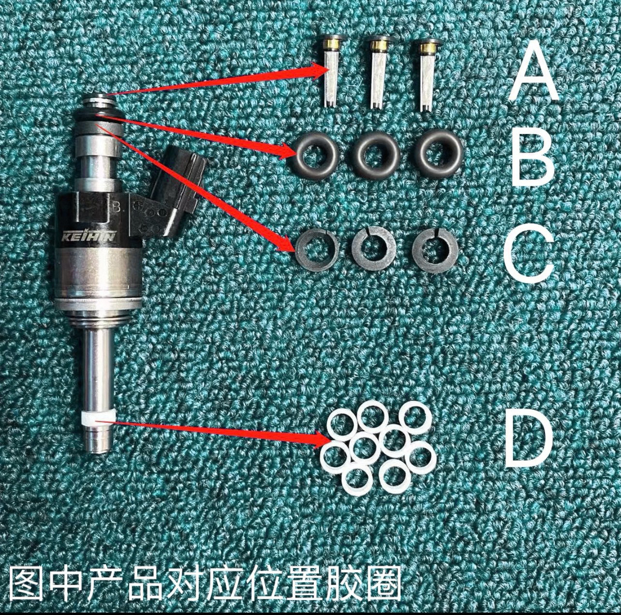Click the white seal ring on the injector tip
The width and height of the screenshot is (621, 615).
pos(98,418)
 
